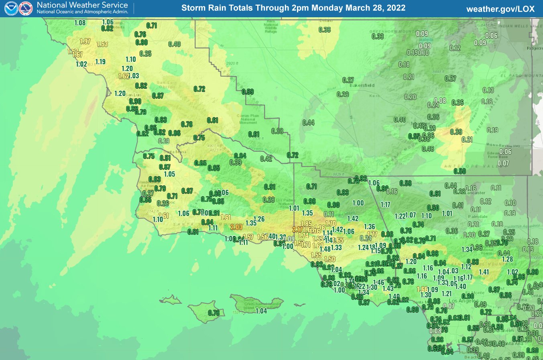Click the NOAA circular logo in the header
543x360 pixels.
[x=11, y=8]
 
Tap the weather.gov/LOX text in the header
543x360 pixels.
[x=500, y=8]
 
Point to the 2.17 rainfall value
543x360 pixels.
[x=297, y=230]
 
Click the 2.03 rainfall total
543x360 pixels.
[x=236, y=227]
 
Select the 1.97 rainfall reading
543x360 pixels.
[x=85, y=41]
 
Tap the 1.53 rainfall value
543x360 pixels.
[x=102, y=44]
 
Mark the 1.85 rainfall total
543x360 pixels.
[x=306, y=224]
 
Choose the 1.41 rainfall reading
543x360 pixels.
[x=484, y=272]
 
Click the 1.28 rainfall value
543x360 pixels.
[x=508, y=259]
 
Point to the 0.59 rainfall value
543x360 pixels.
[x=248, y=92]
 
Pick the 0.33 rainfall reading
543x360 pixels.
[x=378, y=37]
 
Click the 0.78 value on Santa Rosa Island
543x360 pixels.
[x=214, y=313]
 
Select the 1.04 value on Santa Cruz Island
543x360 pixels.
[x=261, y=311]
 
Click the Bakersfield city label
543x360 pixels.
[x=362, y=85]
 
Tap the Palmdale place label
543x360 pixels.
[x=478, y=217]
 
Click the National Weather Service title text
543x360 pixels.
[x=82, y=5]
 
